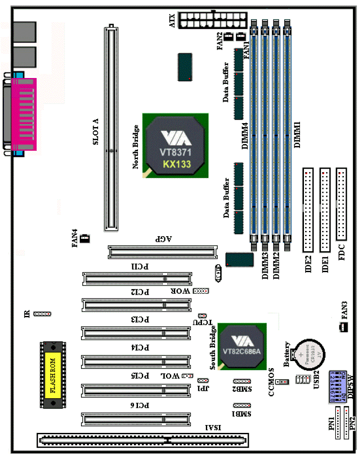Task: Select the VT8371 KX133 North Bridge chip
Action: pos(176,145)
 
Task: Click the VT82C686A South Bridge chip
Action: pos(242,346)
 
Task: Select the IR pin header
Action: pos(42,314)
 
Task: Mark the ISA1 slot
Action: pos(142,439)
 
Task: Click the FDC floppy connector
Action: pos(341,204)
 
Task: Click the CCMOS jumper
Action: pos(283,381)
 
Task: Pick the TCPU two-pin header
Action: pos(202,315)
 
